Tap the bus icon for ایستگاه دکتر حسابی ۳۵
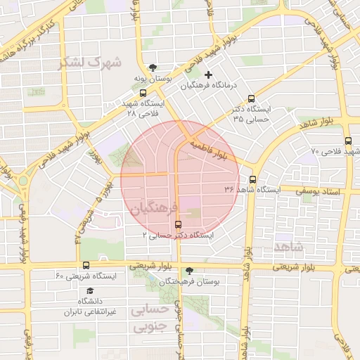252,99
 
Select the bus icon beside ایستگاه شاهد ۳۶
253,179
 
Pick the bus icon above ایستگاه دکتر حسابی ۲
177,224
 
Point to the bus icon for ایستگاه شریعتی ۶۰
86,265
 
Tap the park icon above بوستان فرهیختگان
189,271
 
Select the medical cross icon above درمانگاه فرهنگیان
208,75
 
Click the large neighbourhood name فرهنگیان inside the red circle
150,207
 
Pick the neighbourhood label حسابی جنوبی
152,319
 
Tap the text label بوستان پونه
155,79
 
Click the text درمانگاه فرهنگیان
210,86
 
